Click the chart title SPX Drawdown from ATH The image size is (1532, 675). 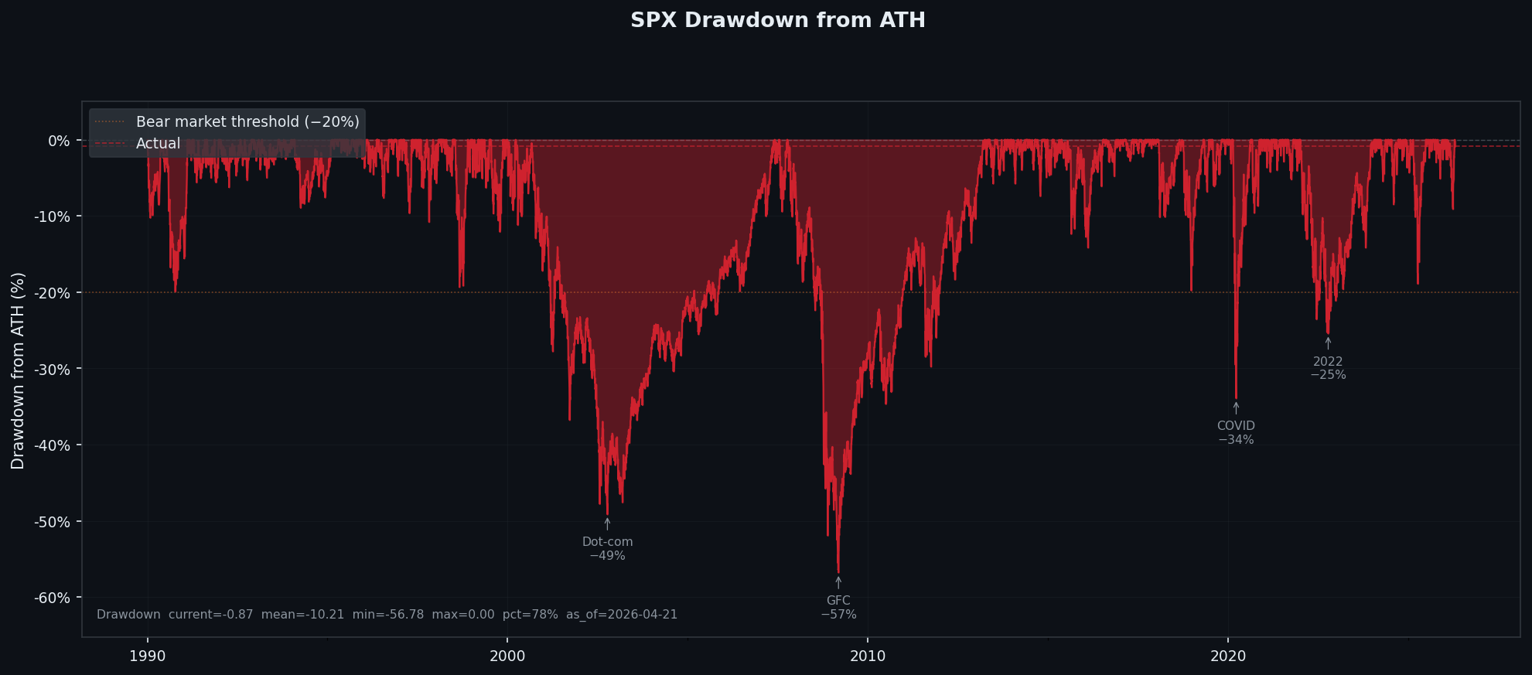pyautogui.click(x=777, y=20)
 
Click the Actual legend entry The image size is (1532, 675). pyautogui.click(x=158, y=144)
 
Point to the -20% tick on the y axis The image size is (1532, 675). pyautogui.click(x=52, y=293)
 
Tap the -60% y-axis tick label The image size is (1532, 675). pyautogui.click(x=52, y=598)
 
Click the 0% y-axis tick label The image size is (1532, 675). pyautogui.click(x=59, y=141)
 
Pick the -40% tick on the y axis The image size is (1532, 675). pyautogui.click(x=52, y=445)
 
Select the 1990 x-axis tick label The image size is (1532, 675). pyautogui.click(x=147, y=656)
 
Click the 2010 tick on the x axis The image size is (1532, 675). pyautogui.click(x=868, y=656)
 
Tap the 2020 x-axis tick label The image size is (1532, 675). pyautogui.click(x=1228, y=656)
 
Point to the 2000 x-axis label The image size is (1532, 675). pyautogui.click(x=507, y=656)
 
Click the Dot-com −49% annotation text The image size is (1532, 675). pyautogui.click(x=607, y=549)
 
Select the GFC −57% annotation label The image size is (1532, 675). pyautogui.click(x=838, y=608)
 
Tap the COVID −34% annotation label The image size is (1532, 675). pyautogui.click(x=1236, y=433)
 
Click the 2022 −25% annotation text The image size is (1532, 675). pyautogui.click(x=1328, y=368)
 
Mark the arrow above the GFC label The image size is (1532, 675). pyautogui.click(x=838, y=582)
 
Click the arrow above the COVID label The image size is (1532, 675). pyautogui.click(x=1236, y=407)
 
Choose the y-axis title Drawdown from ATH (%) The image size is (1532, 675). pyautogui.click(x=18, y=370)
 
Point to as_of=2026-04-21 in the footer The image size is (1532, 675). pyautogui.click(x=621, y=615)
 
